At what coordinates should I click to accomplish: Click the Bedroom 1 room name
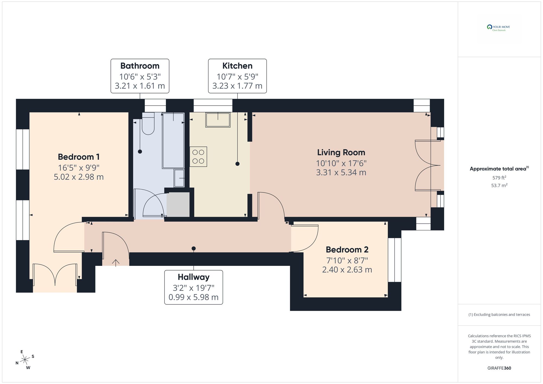coord(79,157)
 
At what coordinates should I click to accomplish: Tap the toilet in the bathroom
coord(148,125)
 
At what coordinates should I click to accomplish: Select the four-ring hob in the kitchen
coord(198,157)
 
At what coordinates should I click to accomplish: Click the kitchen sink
coord(218,120)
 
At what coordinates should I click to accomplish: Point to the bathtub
coord(173,141)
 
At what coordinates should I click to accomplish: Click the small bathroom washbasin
coord(179,178)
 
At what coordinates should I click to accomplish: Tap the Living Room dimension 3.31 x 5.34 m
coord(341,172)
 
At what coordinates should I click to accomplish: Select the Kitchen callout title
coord(237,66)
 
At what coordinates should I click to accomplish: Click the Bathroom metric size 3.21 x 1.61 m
coord(140,86)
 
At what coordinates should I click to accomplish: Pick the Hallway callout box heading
coord(194,277)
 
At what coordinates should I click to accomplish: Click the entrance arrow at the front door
coord(116,262)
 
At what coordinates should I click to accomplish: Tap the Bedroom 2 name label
coord(347,250)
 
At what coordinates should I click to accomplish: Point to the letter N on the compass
coord(17,363)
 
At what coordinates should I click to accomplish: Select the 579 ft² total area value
coord(499,178)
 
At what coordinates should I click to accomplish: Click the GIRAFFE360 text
coord(499,368)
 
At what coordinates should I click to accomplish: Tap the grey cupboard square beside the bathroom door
coord(178,204)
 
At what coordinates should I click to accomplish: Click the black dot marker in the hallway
coord(194,248)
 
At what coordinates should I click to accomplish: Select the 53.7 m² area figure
coord(499,186)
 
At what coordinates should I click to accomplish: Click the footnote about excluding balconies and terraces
coord(499,315)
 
